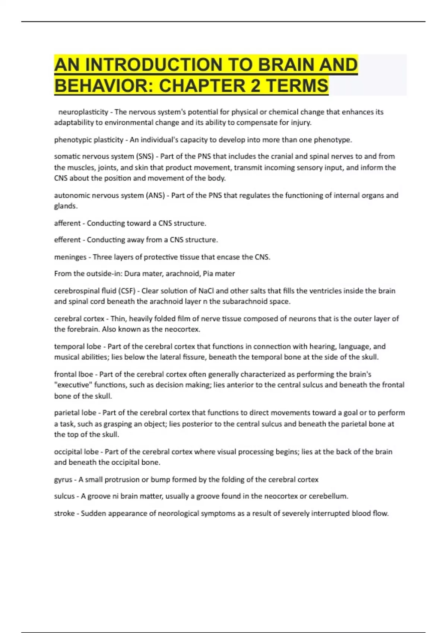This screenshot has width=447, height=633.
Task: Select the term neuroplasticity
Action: tap(83, 112)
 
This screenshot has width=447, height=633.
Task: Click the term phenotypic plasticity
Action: tap(89, 140)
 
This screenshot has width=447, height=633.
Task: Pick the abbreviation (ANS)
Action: tap(156, 195)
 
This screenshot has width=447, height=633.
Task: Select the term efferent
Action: tap(67, 240)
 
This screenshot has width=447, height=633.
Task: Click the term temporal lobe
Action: tap(77, 347)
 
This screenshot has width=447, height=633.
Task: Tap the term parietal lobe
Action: tap(75, 413)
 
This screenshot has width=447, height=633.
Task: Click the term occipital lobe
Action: tap(76, 452)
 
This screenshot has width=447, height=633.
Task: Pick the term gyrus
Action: tap(63, 480)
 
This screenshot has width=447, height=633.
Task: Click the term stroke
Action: tap(64, 513)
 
